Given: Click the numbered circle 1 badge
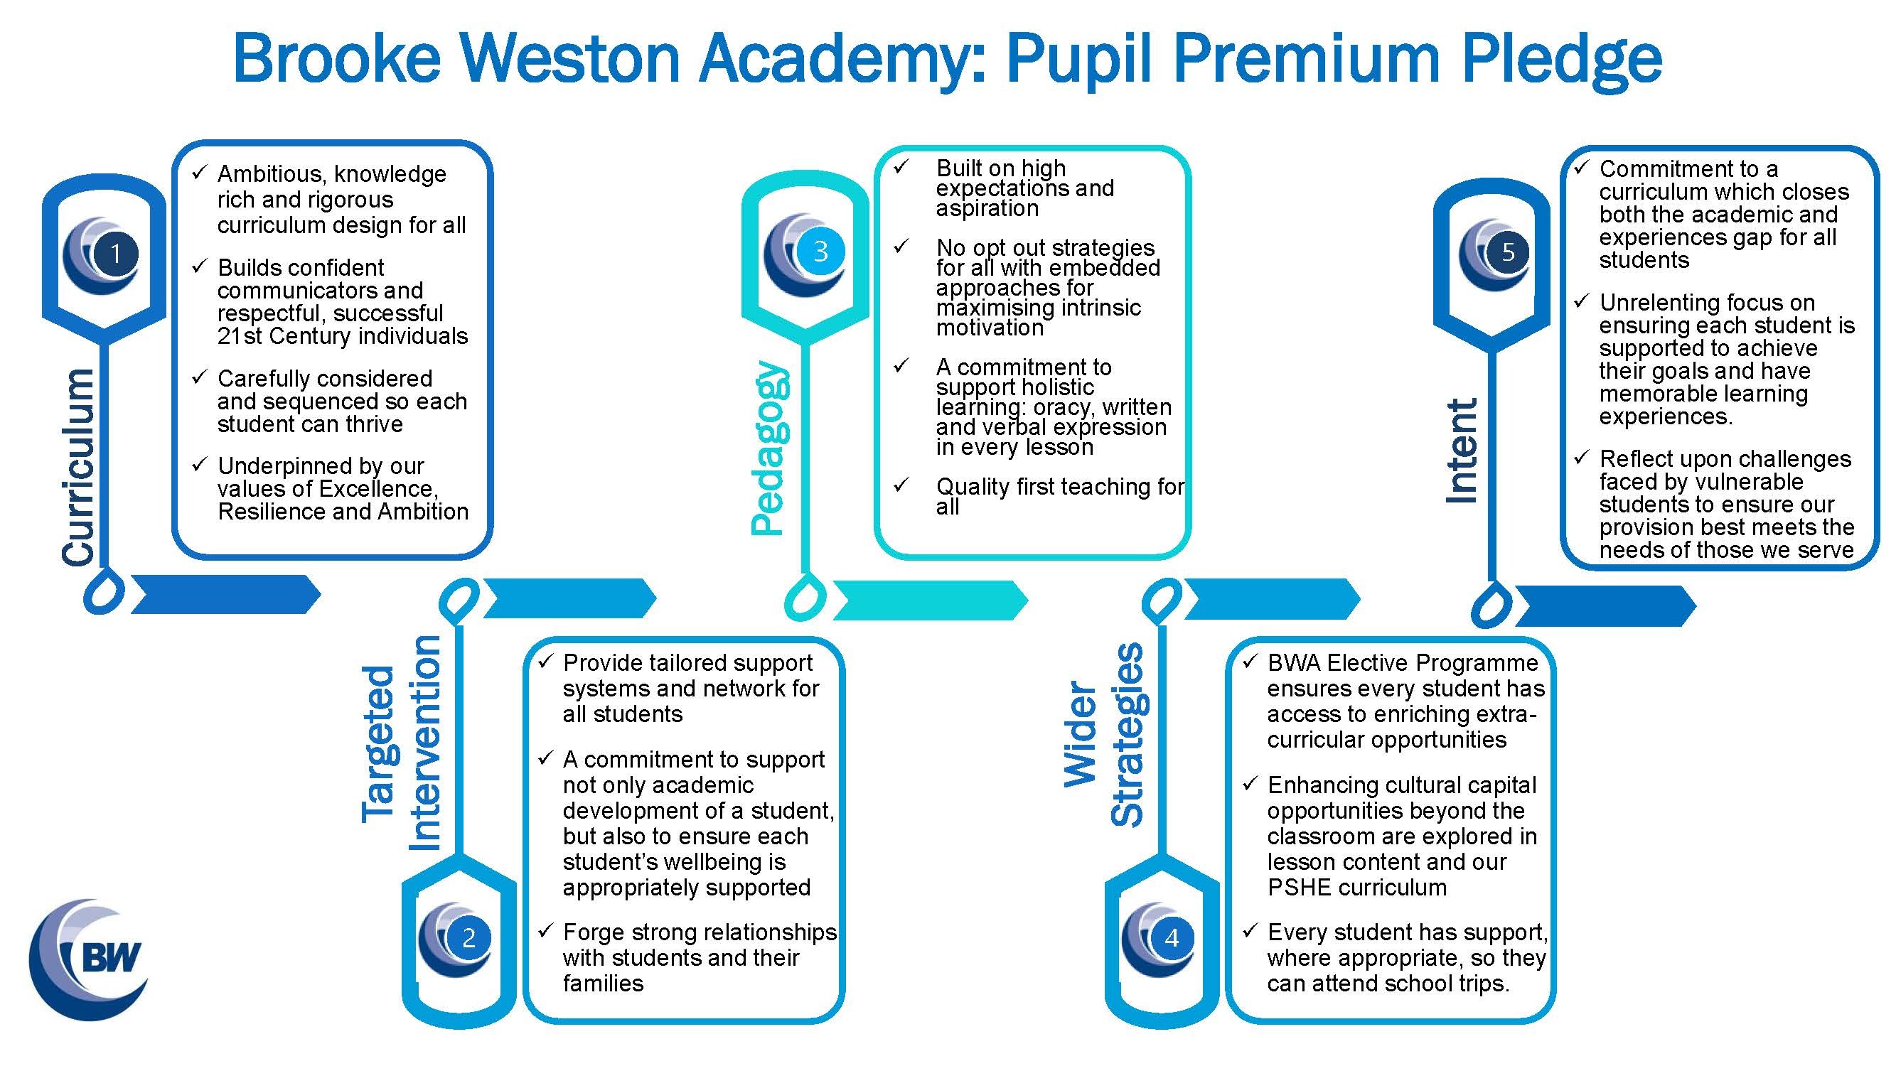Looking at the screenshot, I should coord(116,254).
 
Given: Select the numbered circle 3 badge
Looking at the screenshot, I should coord(820,252).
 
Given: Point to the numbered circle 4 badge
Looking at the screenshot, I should coord(1172,938).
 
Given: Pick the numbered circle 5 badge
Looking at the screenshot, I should coord(1508,252).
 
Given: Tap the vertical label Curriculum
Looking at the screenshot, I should coord(79,468).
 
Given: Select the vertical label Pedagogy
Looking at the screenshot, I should coord(769,448).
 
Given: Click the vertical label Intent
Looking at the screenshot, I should coord(1462,451).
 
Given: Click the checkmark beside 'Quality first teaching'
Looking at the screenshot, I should coord(901,485).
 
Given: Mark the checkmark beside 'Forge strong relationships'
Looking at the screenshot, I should coord(545,931).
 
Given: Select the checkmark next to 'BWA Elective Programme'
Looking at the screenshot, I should coord(1249,662).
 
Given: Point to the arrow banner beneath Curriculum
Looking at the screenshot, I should coord(225,594).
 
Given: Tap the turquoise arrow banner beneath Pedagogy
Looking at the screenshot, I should coord(930,601).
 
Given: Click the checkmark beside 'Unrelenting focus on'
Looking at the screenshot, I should coord(1581,301).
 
